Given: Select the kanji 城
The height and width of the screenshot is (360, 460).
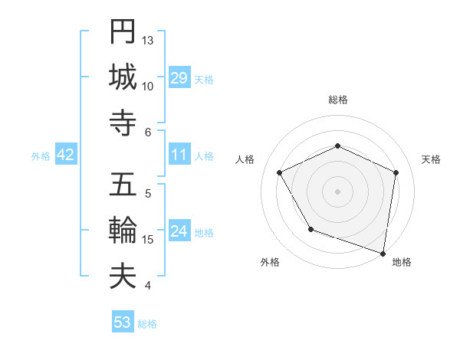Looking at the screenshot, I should [123, 77].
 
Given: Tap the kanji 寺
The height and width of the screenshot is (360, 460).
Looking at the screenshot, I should [123, 123].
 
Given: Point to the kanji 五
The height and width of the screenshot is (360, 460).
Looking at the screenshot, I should [123, 186].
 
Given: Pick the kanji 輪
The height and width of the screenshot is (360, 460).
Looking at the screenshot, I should [123, 231].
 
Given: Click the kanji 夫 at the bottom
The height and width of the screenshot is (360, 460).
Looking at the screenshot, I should [123, 277].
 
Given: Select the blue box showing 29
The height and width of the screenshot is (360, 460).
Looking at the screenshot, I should [179, 79].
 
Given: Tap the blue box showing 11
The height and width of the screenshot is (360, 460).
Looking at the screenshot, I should [179, 155].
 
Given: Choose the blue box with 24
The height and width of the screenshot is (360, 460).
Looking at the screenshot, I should [179, 232].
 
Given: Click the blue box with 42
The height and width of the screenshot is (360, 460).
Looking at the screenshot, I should [66, 155].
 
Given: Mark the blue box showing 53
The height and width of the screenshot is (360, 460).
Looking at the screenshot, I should [123, 322].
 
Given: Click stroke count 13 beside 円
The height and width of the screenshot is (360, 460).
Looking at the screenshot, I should [148, 40].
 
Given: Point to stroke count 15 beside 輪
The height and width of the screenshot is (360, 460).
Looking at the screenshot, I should [148, 240].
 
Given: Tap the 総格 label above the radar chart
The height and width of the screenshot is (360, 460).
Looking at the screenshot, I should [337, 100].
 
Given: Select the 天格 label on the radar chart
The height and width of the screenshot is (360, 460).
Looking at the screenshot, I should [431, 159].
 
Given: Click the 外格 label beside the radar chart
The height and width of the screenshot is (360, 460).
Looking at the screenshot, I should [270, 263].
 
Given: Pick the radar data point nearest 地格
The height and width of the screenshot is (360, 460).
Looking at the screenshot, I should [383, 253].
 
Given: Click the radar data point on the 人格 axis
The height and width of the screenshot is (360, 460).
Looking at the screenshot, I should [280, 173].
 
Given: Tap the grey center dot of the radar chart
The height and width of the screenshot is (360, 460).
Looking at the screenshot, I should [337, 191].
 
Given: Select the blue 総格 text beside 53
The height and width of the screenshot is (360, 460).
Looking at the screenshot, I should [147, 324].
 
